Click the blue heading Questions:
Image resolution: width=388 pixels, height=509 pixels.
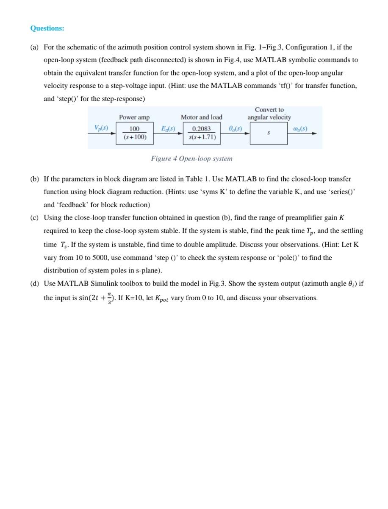(x=47, y=28)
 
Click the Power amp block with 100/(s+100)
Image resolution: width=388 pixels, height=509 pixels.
(x=134, y=133)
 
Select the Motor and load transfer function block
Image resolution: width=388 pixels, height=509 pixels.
(x=201, y=133)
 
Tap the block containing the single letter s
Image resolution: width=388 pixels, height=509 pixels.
(x=269, y=133)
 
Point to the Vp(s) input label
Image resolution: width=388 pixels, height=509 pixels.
(x=101, y=128)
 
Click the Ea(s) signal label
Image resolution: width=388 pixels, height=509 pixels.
(x=168, y=128)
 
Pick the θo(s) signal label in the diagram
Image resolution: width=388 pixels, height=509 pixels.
(x=235, y=128)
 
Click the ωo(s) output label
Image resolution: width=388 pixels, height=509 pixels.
(x=300, y=128)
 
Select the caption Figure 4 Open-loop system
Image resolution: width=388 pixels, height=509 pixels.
(x=191, y=159)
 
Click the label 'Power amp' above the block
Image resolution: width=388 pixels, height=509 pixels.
(x=134, y=117)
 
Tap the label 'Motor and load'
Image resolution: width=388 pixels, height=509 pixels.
(x=201, y=117)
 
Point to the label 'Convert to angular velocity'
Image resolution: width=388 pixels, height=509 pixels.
(x=269, y=113)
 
